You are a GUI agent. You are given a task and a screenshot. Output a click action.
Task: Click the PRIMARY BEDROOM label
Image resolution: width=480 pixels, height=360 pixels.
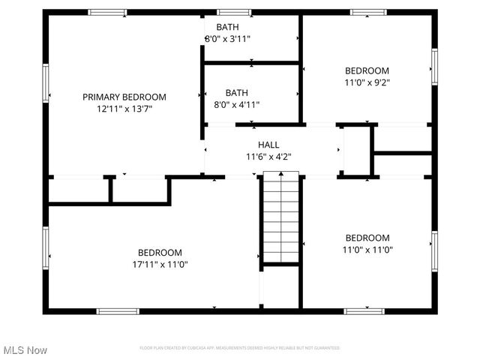[124, 97]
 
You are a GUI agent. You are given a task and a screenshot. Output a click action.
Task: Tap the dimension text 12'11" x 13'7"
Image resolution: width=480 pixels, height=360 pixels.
[124, 109]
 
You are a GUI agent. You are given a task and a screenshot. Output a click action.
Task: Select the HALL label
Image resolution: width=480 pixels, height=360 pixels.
[268, 145]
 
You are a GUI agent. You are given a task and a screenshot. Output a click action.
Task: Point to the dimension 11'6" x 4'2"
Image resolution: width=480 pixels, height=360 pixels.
[268, 157]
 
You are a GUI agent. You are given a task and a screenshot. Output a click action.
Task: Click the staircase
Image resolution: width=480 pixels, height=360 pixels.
[280, 217]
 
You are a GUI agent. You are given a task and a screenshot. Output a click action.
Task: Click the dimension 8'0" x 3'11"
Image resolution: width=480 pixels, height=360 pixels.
[228, 38]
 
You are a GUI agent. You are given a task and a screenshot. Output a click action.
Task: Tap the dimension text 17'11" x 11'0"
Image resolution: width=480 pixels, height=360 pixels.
[160, 265]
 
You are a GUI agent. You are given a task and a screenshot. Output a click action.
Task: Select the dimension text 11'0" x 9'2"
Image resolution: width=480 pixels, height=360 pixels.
[367, 82]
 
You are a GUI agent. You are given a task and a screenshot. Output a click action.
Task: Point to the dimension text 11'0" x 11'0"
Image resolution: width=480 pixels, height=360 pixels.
[367, 250]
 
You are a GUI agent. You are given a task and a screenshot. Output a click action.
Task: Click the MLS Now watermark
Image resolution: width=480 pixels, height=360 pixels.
[25, 350]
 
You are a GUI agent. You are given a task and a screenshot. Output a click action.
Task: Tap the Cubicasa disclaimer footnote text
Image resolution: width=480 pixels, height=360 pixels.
[240, 348]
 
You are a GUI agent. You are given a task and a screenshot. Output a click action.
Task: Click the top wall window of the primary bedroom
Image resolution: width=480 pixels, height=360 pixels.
[107, 12]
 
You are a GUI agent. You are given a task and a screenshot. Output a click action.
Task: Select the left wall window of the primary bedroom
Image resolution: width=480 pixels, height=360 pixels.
[46, 82]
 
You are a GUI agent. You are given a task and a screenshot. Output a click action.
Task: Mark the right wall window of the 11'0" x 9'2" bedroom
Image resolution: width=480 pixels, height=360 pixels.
[434, 66]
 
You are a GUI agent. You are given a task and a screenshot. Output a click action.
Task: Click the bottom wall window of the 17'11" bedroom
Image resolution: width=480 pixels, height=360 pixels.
[118, 310]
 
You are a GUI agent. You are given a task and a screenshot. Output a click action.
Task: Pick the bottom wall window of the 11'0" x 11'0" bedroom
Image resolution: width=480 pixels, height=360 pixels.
[364, 310]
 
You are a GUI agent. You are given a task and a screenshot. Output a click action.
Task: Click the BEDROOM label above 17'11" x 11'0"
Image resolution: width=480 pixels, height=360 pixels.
[160, 253]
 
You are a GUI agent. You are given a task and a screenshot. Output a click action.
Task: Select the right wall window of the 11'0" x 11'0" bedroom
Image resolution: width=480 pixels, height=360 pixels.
[434, 249]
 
